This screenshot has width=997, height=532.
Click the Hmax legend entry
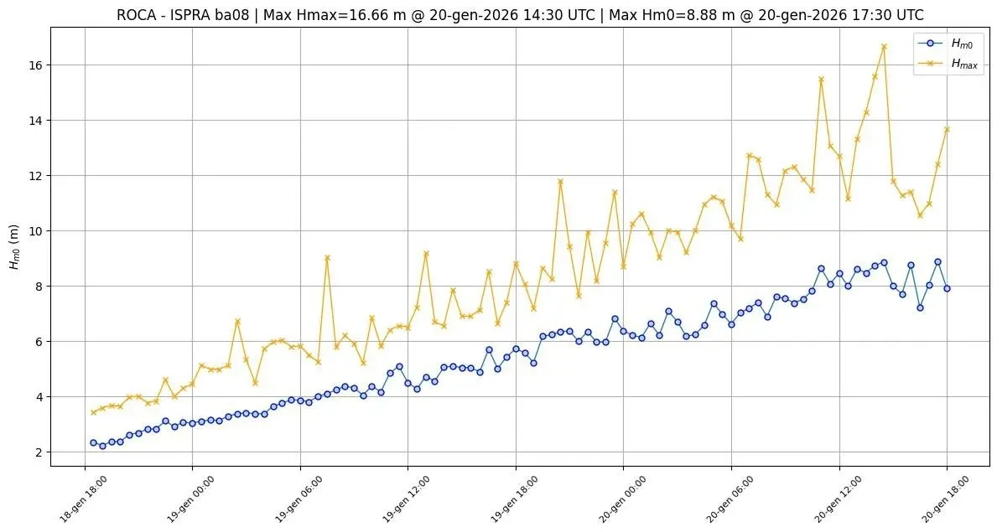coord(962,63)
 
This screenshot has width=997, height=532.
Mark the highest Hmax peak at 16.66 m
coord(884,47)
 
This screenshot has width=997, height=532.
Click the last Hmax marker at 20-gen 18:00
coord(947,129)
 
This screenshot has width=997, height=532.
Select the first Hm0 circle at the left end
coord(93,442)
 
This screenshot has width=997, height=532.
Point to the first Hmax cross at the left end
coord(93,412)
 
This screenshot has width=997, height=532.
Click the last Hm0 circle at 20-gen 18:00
coord(947,288)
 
